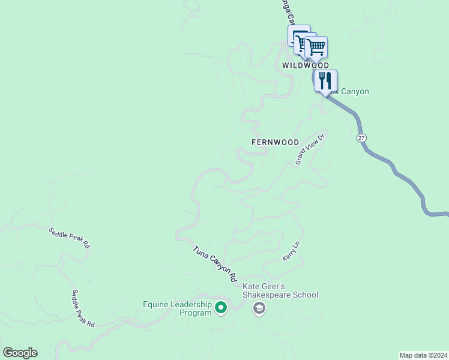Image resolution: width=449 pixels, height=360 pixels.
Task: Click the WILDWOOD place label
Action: [306, 65]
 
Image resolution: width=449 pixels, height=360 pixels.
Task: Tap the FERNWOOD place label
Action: [275, 142]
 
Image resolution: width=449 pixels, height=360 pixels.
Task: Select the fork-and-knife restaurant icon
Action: [325, 80]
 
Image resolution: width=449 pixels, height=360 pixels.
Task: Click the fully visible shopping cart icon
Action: [316, 47]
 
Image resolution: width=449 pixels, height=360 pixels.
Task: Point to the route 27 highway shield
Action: [361, 138]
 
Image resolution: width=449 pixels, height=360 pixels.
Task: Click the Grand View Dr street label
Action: [310, 149]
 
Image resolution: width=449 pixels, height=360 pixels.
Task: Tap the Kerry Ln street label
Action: [291, 251]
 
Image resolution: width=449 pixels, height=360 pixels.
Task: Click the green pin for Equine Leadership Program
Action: [221, 308]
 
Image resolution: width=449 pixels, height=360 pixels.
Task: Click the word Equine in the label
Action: [156, 304]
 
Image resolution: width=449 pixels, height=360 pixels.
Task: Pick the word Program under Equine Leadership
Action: [196, 313]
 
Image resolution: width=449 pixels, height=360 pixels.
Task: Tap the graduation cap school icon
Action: [259, 309]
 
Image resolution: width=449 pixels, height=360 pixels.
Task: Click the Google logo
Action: [20, 353]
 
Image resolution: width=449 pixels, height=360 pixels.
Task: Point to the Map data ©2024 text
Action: [423, 355]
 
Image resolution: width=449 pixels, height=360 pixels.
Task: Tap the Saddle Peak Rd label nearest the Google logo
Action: [83, 308]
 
